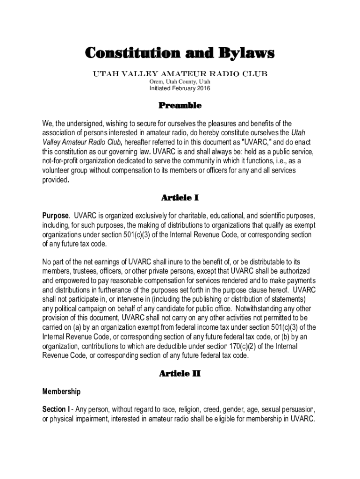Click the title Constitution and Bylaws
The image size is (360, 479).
pos(180,53)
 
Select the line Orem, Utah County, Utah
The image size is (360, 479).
pos(180,81)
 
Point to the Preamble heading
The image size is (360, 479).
pos(180,106)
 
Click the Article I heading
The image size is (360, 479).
pos(180,198)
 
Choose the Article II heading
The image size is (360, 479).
pos(180,374)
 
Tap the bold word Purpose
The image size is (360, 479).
pos(56,216)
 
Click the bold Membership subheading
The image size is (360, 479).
pos(62,392)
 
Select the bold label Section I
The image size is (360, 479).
pos(56,409)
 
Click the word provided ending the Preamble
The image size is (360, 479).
pos(55,180)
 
